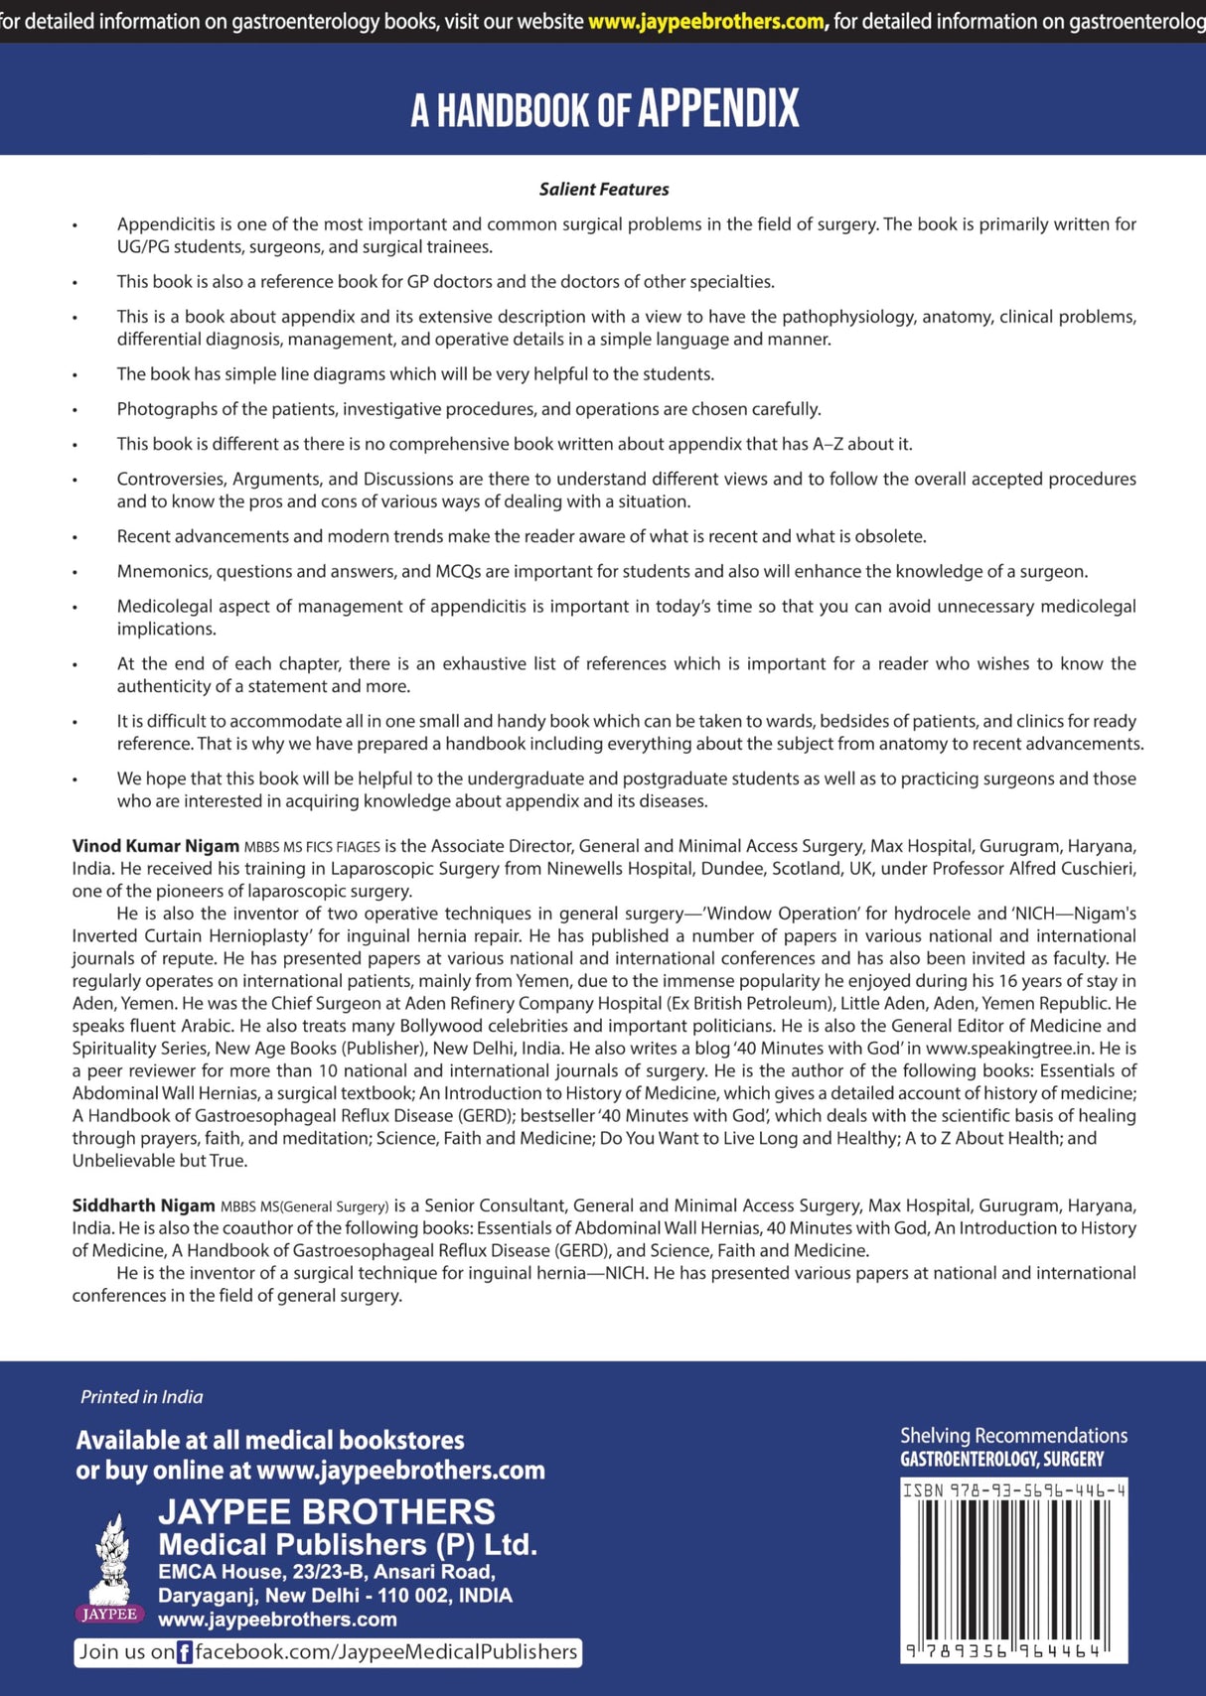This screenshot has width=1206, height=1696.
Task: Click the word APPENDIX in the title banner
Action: click(717, 108)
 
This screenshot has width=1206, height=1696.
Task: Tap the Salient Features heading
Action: click(604, 189)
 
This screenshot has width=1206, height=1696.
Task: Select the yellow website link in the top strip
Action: click(707, 21)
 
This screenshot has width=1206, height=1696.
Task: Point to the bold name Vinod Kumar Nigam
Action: click(156, 846)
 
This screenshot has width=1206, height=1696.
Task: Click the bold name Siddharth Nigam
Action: click(143, 1205)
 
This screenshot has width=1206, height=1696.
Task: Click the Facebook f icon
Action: click(185, 1652)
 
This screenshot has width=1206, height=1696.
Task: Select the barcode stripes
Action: click(1013, 1569)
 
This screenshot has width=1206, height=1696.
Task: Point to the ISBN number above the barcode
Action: click(1013, 1490)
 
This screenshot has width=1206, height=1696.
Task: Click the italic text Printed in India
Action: click(141, 1397)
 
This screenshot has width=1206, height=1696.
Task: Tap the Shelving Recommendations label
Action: click(1013, 1436)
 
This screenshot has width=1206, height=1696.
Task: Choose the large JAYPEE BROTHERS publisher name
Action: click(327, 1511)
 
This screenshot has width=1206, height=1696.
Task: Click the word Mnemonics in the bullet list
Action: click(163, 571)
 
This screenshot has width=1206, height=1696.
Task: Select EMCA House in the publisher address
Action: click(207, 1572)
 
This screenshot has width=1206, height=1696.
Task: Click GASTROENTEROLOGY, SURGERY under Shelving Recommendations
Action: click(1001, 1460)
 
